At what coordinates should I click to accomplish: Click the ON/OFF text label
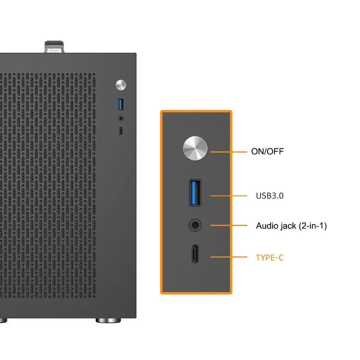(267, 152)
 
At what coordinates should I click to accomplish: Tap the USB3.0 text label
(269, 196)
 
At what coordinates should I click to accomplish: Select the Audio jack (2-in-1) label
(291, 226)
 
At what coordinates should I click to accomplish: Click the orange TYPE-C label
(269, 258)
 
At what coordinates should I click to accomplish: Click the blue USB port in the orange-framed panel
(195, 193)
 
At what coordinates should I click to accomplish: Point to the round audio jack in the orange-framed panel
(195, 225)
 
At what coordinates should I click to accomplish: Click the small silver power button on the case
(121, 85)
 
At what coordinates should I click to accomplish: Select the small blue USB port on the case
(121, 104)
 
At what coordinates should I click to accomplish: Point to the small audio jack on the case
(121, 118)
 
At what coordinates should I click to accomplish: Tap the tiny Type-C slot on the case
(121, 131)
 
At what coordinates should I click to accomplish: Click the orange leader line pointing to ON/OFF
(228, 152)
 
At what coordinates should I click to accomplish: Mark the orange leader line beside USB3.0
(228, 196)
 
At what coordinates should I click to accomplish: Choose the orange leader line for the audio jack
(228, 225)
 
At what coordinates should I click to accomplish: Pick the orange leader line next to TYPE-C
(228, 257)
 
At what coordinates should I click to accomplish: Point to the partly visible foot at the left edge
(3, 321)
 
